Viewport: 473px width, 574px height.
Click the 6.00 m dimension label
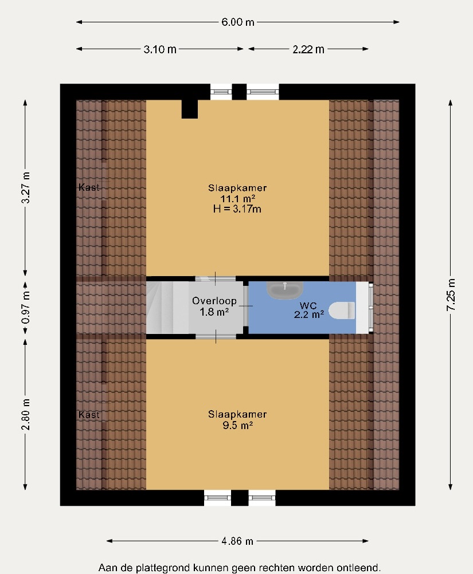tap(238, 22)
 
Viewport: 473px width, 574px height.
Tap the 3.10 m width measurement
tap(160, 49)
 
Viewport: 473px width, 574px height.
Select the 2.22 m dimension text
tap(308, 49)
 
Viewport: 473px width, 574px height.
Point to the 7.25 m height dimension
tap(451, 294)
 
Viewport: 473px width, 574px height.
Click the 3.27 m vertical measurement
tap(26, 187)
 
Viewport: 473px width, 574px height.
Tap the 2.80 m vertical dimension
tap(26, 414)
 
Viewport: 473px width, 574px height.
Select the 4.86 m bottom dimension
tap(237, 541)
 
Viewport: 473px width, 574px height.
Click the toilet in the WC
tap(342, 310)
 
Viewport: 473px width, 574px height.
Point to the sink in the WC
tap(285, 289)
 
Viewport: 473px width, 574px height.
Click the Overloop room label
tap(214, 301)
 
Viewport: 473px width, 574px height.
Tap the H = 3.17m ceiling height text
tap(237, 209)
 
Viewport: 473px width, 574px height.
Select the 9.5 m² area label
tap(238, 426)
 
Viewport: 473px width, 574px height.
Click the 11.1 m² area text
tap(237, 199)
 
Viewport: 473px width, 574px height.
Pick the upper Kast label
tap(89, 187)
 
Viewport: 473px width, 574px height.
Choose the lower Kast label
tap(89, 414)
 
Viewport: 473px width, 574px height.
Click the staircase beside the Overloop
tap(167, 308)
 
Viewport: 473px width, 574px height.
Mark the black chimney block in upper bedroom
tap(190, 109)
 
